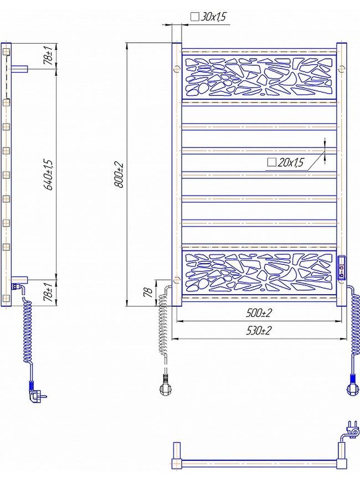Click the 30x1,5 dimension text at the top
tap(213, 17)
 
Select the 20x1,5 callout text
tap(290, 162)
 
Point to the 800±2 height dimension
tap(119, 175)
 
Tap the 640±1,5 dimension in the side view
tap(49, 175)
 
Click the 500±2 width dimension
tap(259, 313)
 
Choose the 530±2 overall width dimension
tap(259, 330)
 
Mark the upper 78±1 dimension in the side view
tap(49, 55)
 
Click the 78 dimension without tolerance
tap(149, 292)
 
